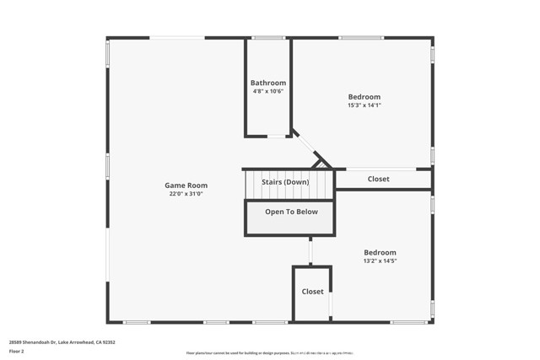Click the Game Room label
pyautogui.click(x=186, y=185)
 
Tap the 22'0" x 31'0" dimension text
pyautogui.click(x=186, y=194)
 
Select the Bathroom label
pyautogui.click(x=268, y=83)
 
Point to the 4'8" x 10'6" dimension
pyautogui.click(x=268, y=91)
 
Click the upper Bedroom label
pyautogui.click(x=364, y=97)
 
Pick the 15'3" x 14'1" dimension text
pyautogui.click(x=364, y=105)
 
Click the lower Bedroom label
pyautogui.click(x=380, y=252)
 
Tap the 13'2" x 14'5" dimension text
pyautogui.click(x=380, y=261)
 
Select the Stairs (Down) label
pyautogui.click(x=285, y=182)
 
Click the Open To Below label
pyautogui.click(x=291, y=212)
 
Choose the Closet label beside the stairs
pyautogui.click(x=379, y=179)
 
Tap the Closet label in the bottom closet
pyautogui.click(x=312, y=292)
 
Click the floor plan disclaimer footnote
pyautogui.click(x=269, y=353)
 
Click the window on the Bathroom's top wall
pyautogui.click(x=268, y=38)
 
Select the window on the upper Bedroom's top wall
pyautogui.click(x=361, y=38)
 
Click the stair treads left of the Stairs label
pyautogui.click(x=251, y=183)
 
